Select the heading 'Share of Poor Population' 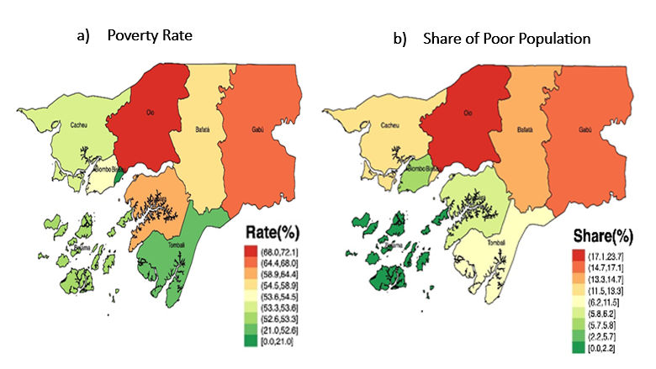[496, 39]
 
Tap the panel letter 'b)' [399, 39]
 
